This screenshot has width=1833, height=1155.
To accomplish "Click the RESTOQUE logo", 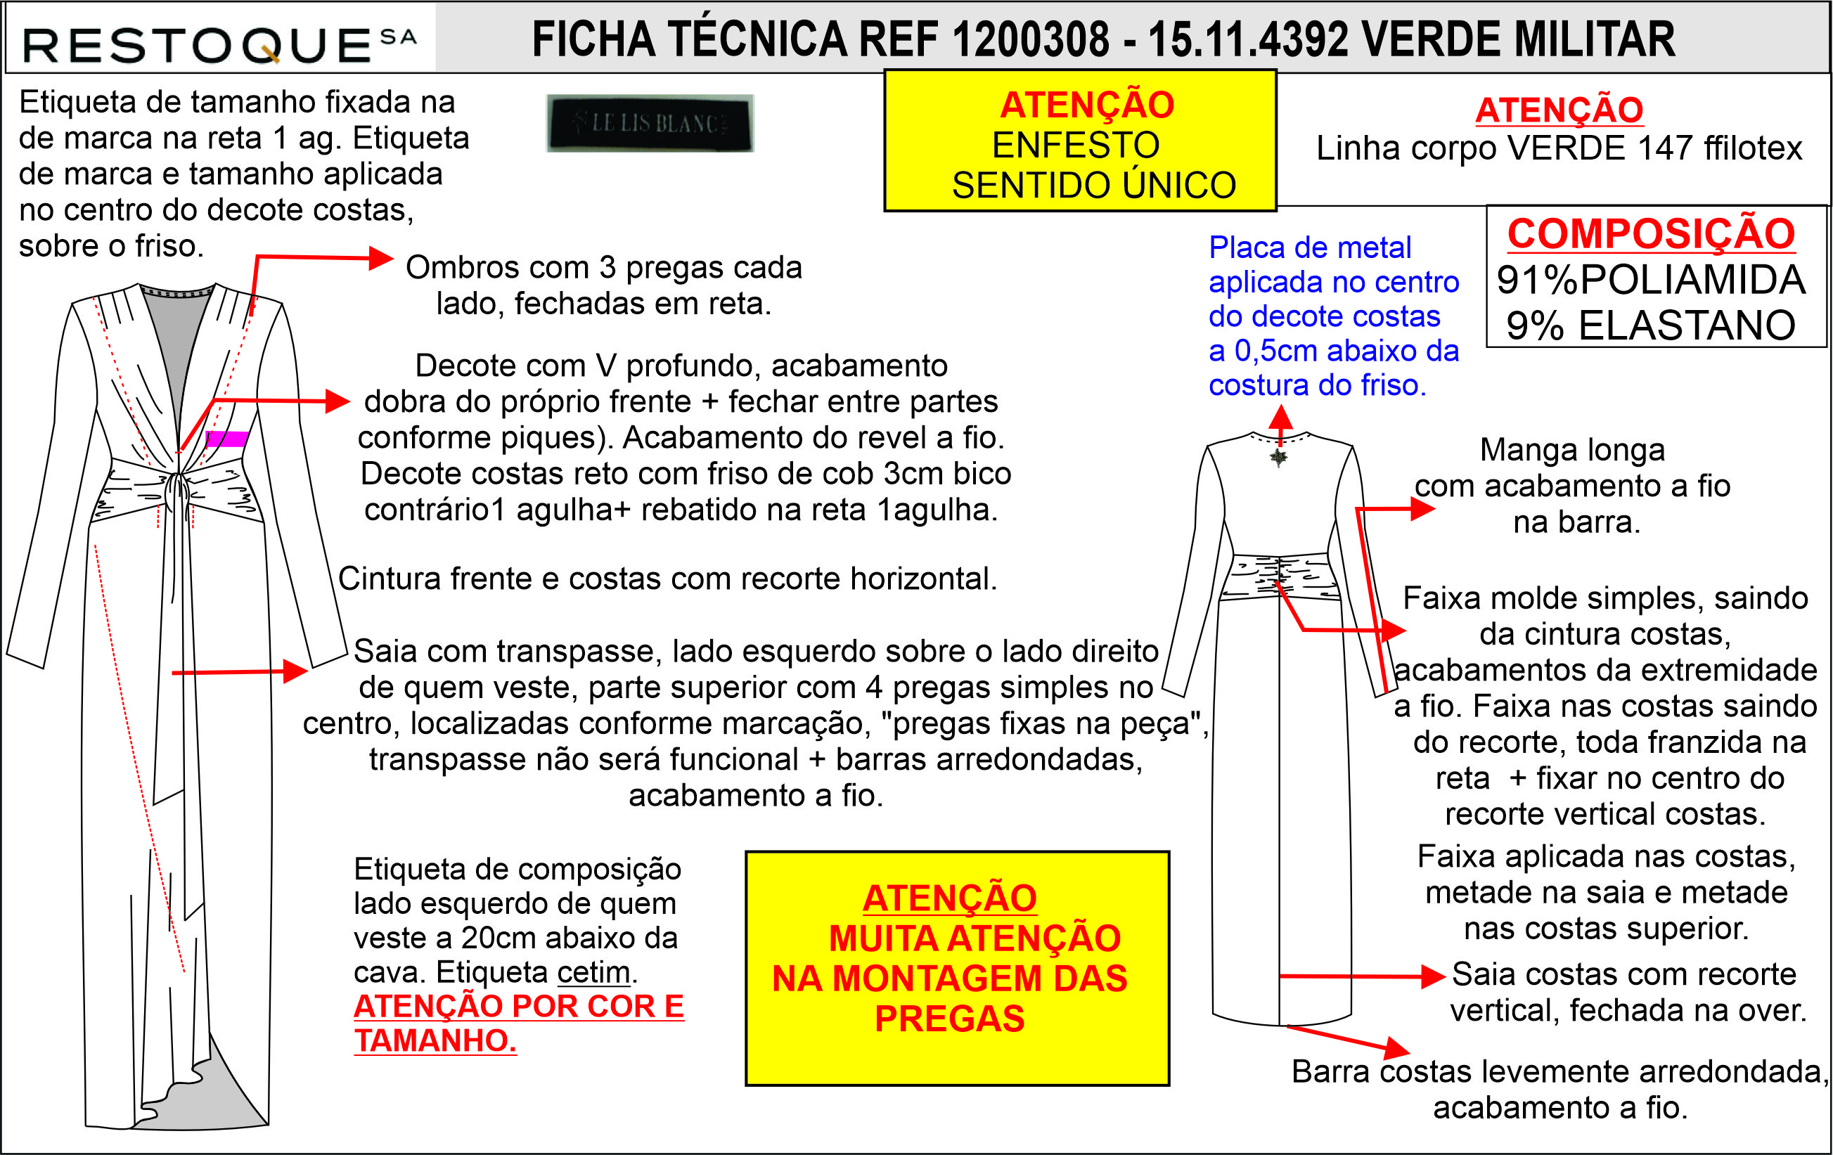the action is tap(220, 44).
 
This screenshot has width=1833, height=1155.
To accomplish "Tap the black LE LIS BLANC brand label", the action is tap(650, 123).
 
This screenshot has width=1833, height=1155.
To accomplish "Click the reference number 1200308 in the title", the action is tap(1030, 39).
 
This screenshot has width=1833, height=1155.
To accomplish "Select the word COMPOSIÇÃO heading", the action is tap(1651, 233).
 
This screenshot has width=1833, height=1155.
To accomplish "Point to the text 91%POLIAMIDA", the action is tap(1651, 280).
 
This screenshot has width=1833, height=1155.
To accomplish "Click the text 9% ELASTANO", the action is tap(1651, 325).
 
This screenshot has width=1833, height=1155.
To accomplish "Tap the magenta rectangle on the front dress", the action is tap(227, 438).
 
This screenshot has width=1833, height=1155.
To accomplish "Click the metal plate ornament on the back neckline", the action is tap(1279, 456).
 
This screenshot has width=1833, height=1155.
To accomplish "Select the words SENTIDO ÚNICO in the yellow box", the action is tap(1094, 185).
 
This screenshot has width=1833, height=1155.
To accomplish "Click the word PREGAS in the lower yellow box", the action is tap(949, 1019).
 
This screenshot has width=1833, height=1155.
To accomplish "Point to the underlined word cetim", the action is tap(593, 972).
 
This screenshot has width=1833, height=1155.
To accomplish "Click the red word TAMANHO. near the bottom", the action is tap(435, 1040).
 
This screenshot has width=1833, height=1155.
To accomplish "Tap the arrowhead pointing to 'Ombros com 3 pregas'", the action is tap(380, 258).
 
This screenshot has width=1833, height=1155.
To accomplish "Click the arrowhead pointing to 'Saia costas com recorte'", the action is tap(1434, 976).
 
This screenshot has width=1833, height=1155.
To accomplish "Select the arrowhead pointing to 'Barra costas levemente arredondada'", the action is tap(1398, 1048).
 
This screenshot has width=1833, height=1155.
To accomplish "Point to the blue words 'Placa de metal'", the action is tap(1310, 248).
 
